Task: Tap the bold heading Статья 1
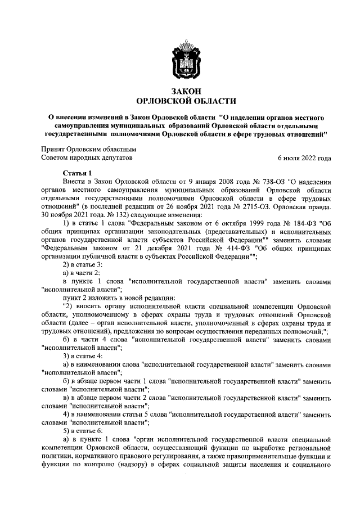[78, 173]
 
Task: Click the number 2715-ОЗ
[250, 206]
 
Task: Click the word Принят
[54, 150]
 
